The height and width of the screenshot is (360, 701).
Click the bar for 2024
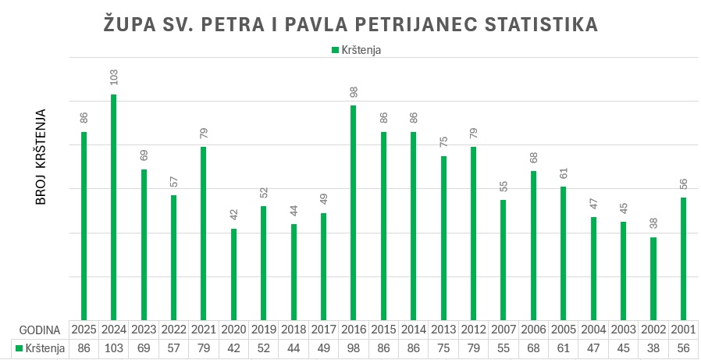click(x=114, y=207)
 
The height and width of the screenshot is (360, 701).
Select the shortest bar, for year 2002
click(x=653, y=278)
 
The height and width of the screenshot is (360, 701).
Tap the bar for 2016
click(x=353, y=212)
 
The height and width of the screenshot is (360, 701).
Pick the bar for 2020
click(x=233, y=274)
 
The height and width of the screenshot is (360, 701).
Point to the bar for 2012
click(x=473, y=233)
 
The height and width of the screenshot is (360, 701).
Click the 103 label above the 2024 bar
click(x=114, y=78)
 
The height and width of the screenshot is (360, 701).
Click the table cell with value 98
click(x=354, y=347)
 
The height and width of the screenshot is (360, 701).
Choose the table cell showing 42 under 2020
click(x=234, y=347)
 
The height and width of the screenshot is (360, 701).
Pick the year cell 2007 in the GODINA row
click(x=503, y=329)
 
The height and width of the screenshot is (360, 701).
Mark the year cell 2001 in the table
click(x=682, y=329)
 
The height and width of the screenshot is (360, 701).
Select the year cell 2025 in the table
click(x=84, y=329)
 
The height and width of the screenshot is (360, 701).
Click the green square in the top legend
click(x=335, y=50)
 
